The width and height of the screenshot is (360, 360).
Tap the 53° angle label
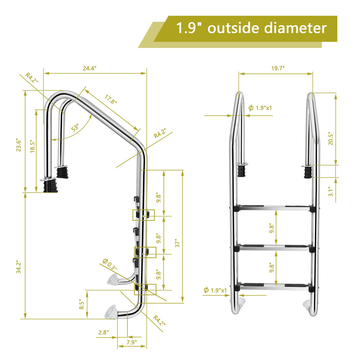75,128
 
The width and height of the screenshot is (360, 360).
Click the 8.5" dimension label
82,305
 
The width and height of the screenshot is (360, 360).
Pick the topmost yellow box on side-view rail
143,215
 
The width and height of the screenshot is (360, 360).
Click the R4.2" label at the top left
32,78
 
